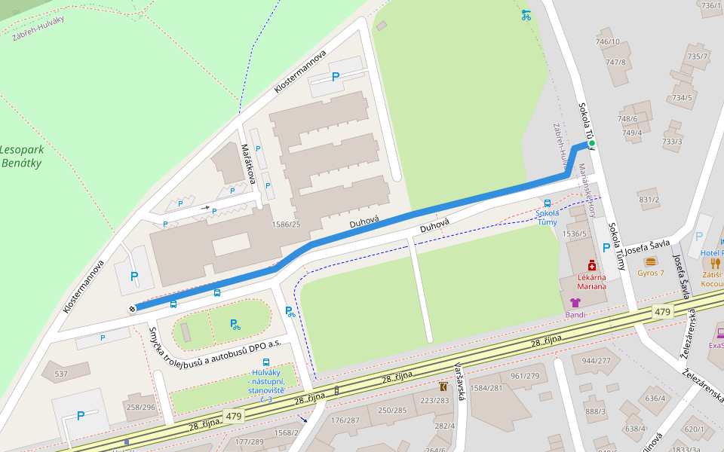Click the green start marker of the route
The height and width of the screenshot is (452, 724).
click(x=591, y=143)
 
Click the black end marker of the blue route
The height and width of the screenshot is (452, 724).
click(x=133, y=308)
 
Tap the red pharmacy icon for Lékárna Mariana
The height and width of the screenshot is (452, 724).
click(x=593, y=266)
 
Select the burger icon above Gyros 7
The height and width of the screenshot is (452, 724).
click(x=650, y=261)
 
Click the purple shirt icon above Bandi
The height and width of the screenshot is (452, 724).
click(x=575, y=302)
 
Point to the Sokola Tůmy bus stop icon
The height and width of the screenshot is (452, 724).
click(x=547, y=203)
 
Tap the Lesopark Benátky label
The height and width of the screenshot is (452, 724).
click(x=21, y=156)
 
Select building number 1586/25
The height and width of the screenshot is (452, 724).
click(x=286, y=224)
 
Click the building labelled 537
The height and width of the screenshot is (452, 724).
click(x=62, y=374)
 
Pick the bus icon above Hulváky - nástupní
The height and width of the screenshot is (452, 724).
click(x=265, y=362)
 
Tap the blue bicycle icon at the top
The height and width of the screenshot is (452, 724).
click(x=526, y=14)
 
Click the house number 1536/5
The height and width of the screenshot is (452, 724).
click(x=575, y=234)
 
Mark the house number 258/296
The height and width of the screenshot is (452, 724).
click(x=141, y=407)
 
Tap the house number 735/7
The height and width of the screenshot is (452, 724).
click(x=697, y=56)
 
